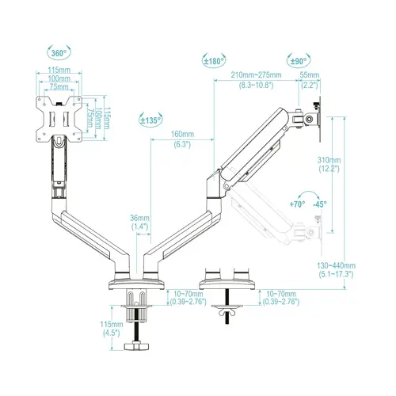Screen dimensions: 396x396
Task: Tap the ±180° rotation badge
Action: [x=215, y=60]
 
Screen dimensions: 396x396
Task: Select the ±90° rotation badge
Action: [x=299, y=60]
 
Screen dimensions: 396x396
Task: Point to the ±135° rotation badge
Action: [x=150, y=120]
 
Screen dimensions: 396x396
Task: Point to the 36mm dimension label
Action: [x=140, y=218]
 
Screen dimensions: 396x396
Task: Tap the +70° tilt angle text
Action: [x=297, y=204]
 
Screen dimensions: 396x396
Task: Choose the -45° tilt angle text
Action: [x=319, y=204]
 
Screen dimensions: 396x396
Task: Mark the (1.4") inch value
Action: [x=140, y=227]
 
